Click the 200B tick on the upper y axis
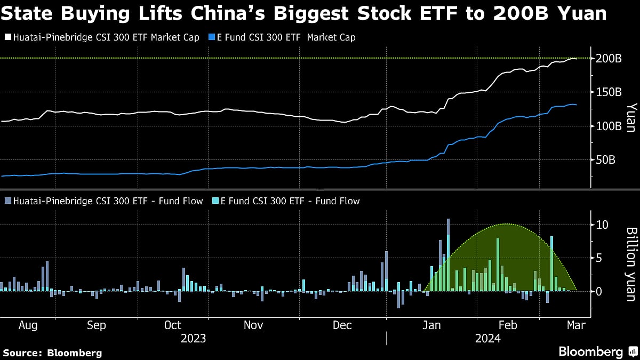tap(609, 58)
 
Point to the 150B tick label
tap(609, 92)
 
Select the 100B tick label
tap(609, 126)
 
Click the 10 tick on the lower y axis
tap(603, 225)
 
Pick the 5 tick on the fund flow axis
tap(600, 258)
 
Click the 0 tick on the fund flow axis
tap(600, 292)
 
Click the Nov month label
tap(254, 325)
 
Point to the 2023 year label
tap(193, 338)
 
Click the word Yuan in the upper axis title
tap(630, 117)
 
